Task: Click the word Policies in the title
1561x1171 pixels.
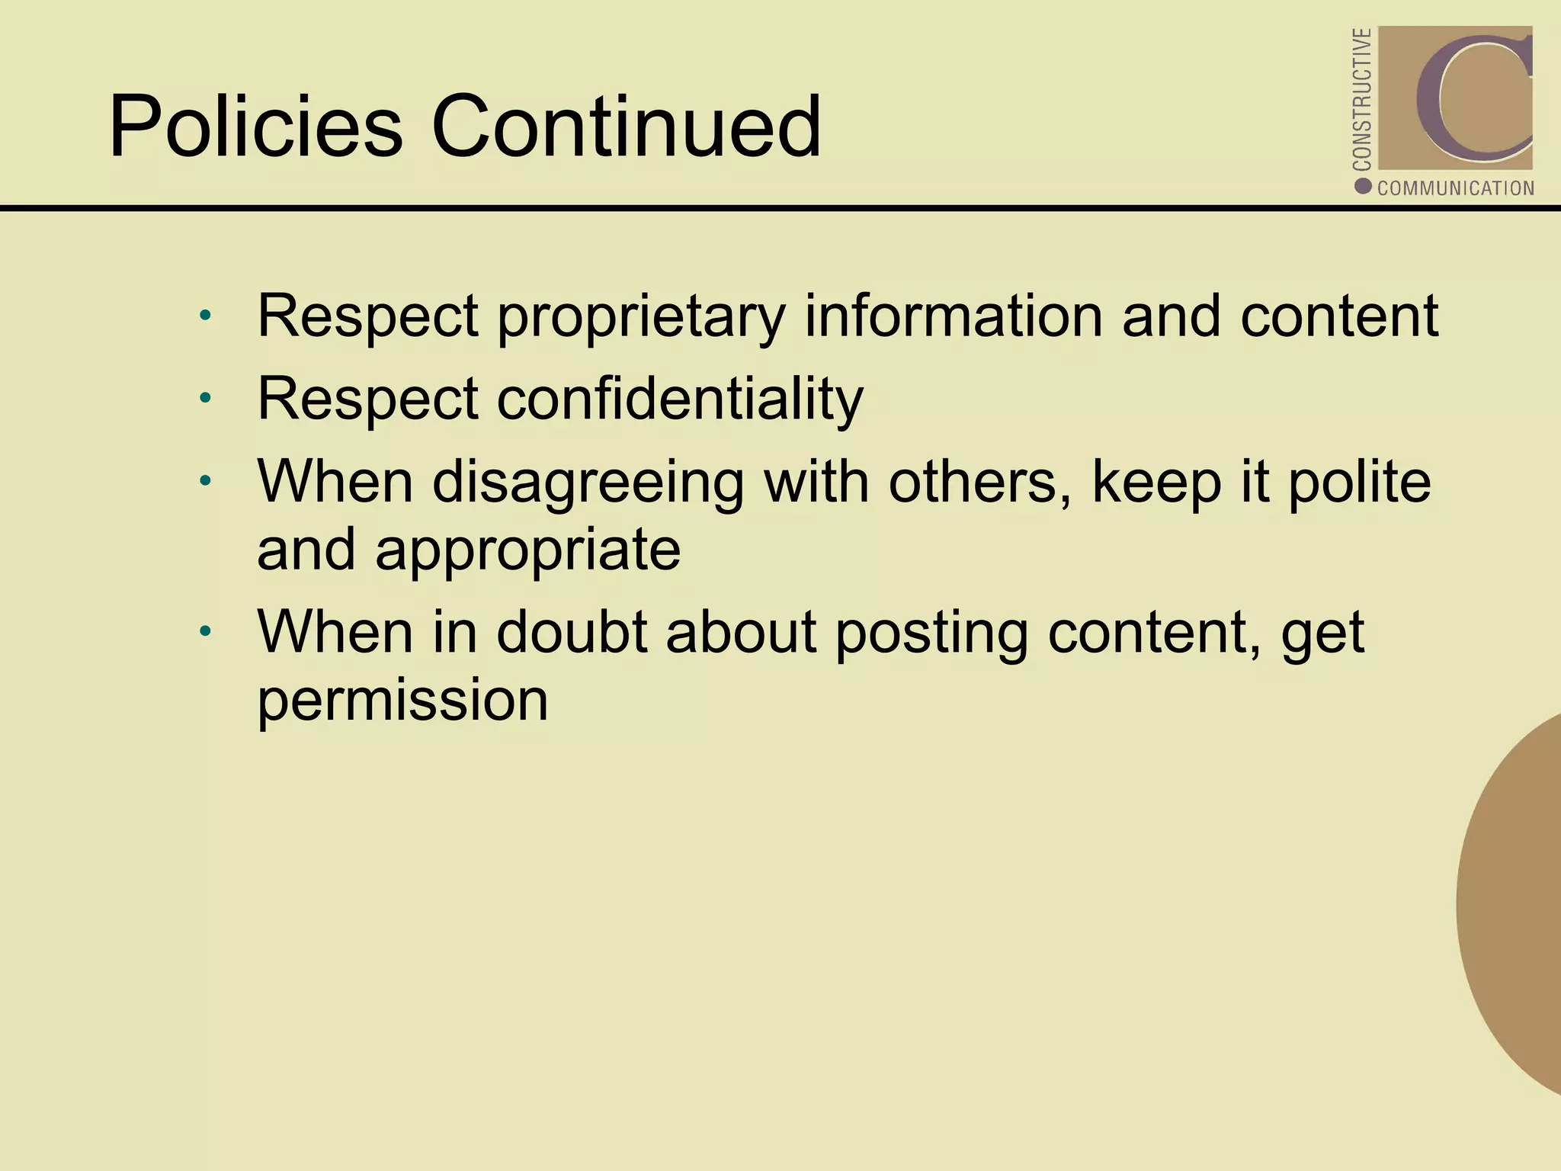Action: click(x=255, y=126)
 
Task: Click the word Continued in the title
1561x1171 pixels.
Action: click(x=627, y=126)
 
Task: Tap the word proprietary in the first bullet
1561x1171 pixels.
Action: click(x=641, y=316)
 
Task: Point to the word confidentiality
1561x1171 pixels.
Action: click(x=680, y=398)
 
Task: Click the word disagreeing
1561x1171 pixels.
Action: click(x=588, y=483)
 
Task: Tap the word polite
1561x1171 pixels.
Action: click(x=1359, y=482)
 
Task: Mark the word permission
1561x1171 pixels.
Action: click(x=402, y=700)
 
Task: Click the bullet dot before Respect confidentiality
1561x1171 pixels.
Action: click(x=204, y=398)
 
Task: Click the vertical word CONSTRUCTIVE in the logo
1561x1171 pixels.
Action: click(x=1362, y=99)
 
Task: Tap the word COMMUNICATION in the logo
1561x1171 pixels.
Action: click(x=1455, y=188)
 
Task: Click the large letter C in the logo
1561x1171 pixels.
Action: click(x=1471, y=98)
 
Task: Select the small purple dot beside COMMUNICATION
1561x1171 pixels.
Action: click(x=1364, y=187)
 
